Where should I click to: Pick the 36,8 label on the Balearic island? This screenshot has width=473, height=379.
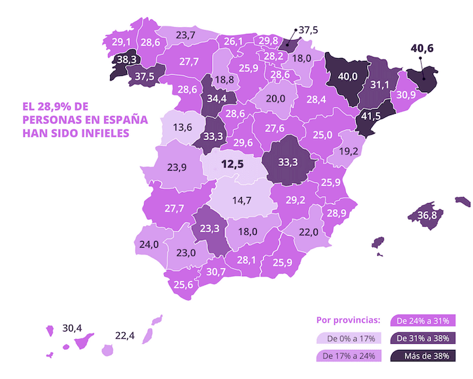click(x=426, y=215)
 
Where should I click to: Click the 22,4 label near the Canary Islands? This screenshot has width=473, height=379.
click(x=125, y=335)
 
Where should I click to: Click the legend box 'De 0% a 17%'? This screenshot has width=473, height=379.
click(x=349, y=338)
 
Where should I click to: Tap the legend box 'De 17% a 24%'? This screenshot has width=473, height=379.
click(x=349, y=356)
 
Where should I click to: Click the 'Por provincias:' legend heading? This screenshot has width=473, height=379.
click(x=349, y=320)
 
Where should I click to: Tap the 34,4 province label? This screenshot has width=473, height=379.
click(x=216, y=99)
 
